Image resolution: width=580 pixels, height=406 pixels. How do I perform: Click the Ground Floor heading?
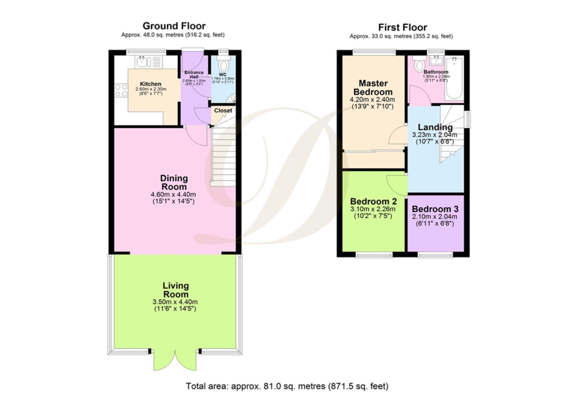(174, 26)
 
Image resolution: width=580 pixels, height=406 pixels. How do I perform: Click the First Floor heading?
(402, 27)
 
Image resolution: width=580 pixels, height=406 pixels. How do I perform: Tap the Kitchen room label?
(150, 84)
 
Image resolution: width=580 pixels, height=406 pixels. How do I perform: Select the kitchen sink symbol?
(142, 61)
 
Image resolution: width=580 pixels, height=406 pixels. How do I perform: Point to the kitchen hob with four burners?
(121, 91)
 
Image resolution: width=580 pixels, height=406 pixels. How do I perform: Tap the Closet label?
(223, 111)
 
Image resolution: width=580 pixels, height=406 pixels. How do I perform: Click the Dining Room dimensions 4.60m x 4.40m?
(173, 194)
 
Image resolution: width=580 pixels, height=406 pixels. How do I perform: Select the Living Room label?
(176, 290)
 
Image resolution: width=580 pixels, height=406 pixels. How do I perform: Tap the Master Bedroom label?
(373, 88)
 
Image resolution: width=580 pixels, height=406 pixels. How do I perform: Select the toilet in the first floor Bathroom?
(418, 66)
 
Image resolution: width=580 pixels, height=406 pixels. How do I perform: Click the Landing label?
(435, 127)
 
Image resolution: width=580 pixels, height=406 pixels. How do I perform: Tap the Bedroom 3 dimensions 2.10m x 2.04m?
(435, 217)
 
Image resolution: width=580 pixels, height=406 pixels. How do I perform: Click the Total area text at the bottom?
(287, 386)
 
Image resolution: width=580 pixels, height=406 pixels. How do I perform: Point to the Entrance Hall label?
(194, 74)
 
